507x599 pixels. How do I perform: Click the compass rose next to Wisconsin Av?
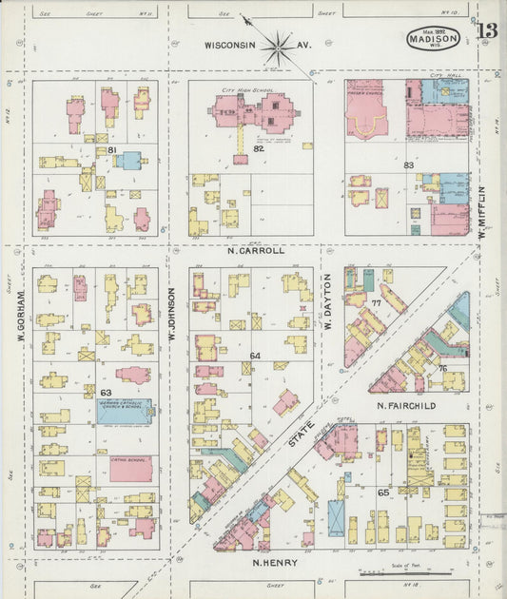click(278, 46)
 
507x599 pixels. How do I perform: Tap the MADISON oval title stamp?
click(434, 39)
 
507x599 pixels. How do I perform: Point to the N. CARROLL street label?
click(256, 251)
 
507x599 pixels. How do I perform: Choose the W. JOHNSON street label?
click(173, 315)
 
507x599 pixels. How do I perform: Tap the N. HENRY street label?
click(275, 563)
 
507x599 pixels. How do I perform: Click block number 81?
click(111, 150)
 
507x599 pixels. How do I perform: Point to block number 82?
click(258, 148)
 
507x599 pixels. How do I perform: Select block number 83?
click(408, 165)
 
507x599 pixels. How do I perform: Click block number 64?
click(255, 356)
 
